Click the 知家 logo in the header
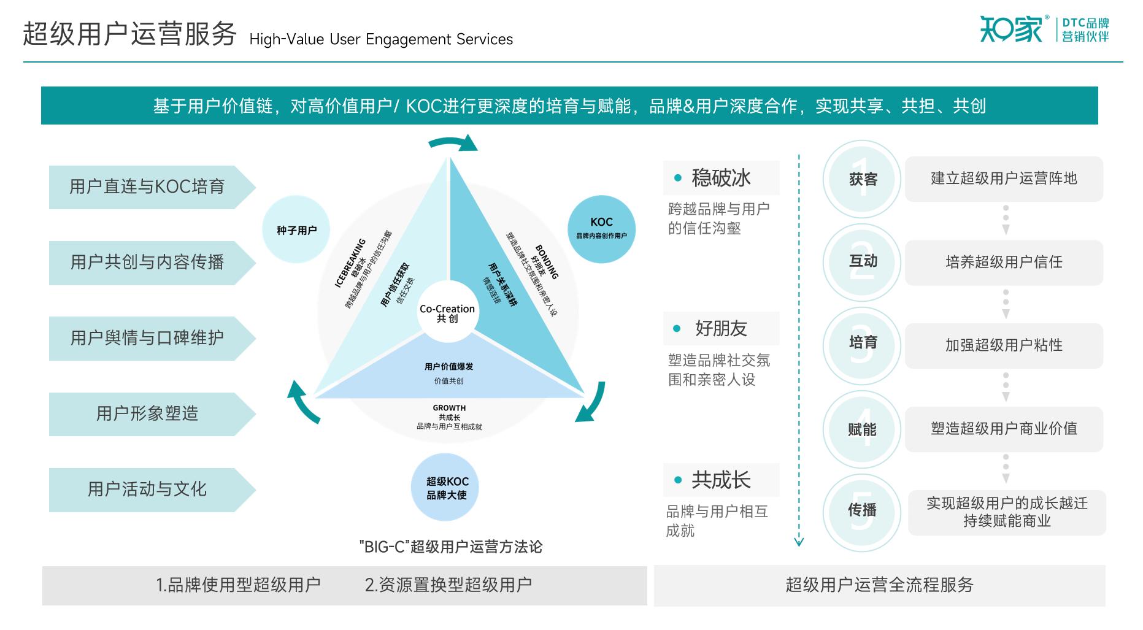point(1011,29)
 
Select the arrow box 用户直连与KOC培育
point(147,186)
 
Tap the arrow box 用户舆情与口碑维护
point(147,338)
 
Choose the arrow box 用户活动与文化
point(147,490)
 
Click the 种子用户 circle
point(296,230)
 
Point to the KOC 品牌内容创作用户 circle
point(601,229)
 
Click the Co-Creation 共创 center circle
point(447,313)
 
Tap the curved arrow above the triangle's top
point(453,143)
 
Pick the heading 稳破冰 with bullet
point(721,178)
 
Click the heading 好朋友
point(721,329)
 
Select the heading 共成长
point(721,480)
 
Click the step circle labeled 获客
point(863,179)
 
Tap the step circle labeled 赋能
point(863,429)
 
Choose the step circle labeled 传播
point(863,510)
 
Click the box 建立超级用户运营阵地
point(1004,179)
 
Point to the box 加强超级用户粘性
point(1004,345)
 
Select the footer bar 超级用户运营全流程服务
point(879,585)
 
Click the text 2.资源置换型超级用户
point(448,585)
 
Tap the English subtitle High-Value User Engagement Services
point(381,40)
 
